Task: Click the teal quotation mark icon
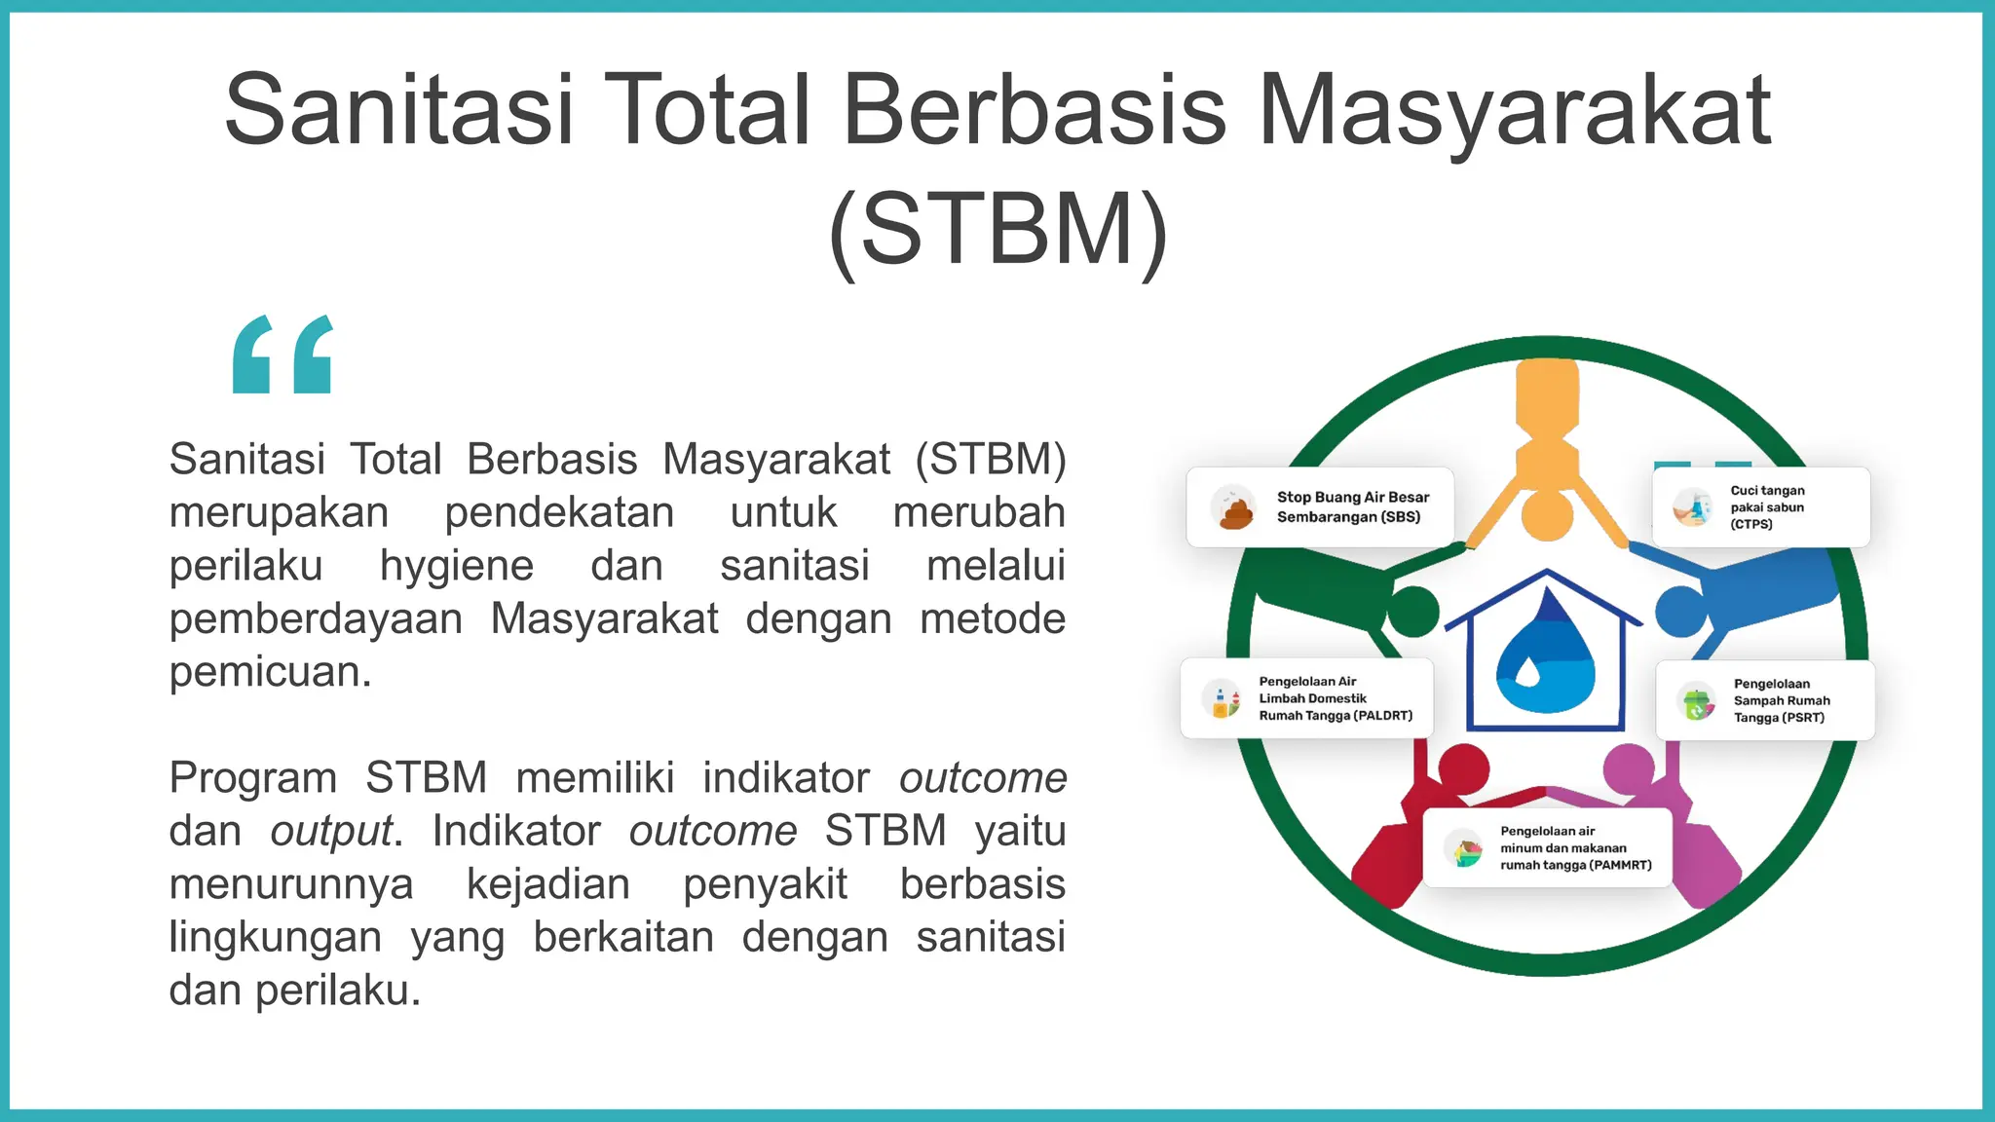pyautogui.click(x=283, y=355)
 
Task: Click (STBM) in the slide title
pyautogui.click(x=997, y=229)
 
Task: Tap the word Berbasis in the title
pyautogui.click(x=1034, y=109)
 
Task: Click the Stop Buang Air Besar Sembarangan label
pyautogui.click(x=1352, y=507)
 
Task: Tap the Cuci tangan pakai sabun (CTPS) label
pyautogui.click(x=1767, y=507)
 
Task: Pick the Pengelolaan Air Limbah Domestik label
pyautogui.click(x=1335, y=698)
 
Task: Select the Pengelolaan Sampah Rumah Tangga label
pyautogui.click(x=1781, y=700)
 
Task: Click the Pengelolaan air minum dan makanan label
pyautogui.click(x=1574, y=848)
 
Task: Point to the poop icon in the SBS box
pyautogui.click(x=1235, y=510)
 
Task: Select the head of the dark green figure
pyautogui.click(x=1412, y=612)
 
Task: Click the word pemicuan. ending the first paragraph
pyautogui.click(x=271, y=672)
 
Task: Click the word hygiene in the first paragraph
pyautogui.click(x=457, y=566)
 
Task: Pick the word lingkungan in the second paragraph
pyautogui.click(x=276, y=938)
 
